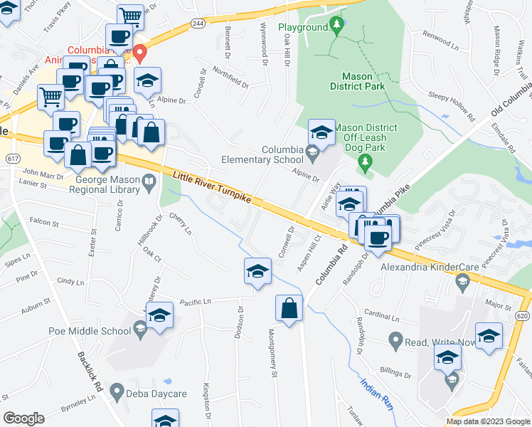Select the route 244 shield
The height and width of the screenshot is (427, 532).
tap(197, 23)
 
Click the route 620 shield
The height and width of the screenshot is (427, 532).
tap(523, 315)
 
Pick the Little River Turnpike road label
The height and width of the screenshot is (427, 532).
tap(211, 188)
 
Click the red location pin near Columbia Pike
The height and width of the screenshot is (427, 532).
tap(140, 51)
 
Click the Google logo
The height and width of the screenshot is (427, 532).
tap(23, 418)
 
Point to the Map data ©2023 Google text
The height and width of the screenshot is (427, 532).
tap(488, 421)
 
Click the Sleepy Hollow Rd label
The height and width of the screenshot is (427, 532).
tap(452, 106)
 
